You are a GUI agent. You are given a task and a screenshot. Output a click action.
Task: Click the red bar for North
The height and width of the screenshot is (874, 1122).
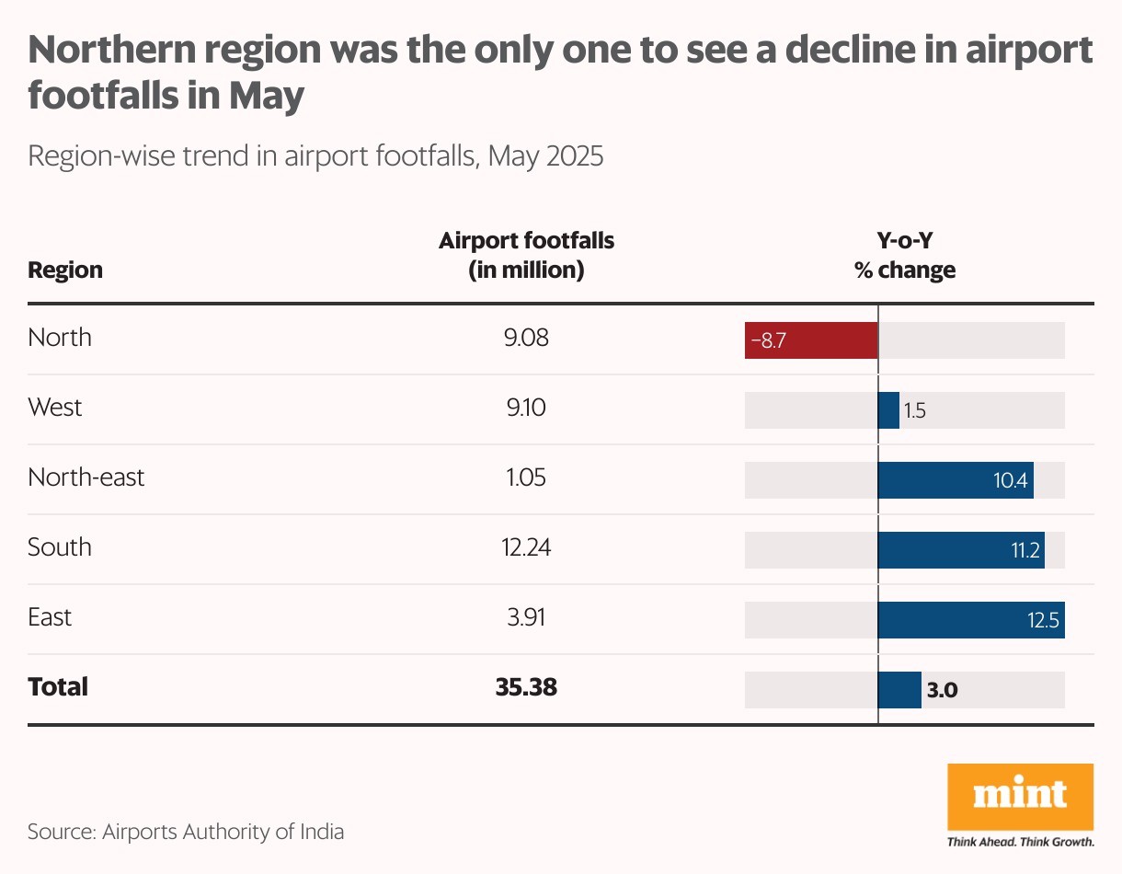(x=811, y=340)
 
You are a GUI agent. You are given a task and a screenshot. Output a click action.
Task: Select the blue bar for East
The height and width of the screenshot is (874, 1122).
(x=971, y=620)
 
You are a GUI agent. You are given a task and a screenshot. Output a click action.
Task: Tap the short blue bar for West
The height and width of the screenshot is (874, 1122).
(x=888, y=410)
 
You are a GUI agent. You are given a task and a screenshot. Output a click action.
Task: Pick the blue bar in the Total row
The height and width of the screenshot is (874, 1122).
(x=899, y=690)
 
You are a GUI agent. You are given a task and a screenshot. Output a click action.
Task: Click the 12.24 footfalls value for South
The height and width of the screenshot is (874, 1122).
(x=525, y=547)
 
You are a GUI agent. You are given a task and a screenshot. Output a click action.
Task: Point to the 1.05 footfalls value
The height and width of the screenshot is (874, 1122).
(x=525, y=477)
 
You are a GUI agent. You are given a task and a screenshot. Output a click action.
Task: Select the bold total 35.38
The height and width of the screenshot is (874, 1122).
(x=525, y=687)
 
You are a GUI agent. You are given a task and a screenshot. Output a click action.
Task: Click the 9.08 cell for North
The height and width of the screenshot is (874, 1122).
(x=525, y=338)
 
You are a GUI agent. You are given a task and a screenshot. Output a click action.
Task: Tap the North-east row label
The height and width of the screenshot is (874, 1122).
(x=86, y=477)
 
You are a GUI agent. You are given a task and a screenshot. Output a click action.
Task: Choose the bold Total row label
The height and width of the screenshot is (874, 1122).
(x=58, y=687)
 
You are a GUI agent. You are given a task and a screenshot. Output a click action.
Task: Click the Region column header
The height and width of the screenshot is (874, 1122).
(x=65, y=270)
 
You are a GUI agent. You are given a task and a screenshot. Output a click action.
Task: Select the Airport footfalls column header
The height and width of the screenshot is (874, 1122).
(x=526, y=256)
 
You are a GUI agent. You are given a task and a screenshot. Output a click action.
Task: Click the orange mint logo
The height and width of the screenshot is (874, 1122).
(x=1020, y=796)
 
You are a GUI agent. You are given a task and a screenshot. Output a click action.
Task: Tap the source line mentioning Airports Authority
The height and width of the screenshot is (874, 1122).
(x=186, y=833)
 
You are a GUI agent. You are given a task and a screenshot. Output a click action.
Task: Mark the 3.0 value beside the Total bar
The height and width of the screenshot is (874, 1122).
(x=943, y=691)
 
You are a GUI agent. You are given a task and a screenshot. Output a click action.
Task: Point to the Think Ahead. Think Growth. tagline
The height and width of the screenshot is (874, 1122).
(x=1020, y=842)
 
